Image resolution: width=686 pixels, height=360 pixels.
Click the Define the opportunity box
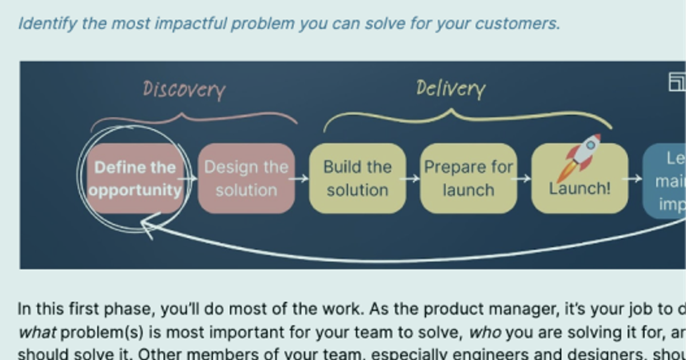coord(135,178)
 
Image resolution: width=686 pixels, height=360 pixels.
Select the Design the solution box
coord(246,178)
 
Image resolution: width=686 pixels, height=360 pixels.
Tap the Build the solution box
coord(357,178)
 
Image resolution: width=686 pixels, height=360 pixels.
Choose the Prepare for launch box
coord(468,178)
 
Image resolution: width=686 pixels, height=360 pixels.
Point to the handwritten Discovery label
coord(184,90)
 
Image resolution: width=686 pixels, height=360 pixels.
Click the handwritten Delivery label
coord(450,89)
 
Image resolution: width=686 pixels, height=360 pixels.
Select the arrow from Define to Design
coord(190,178)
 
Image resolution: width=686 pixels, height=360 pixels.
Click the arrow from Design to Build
coord(301,178)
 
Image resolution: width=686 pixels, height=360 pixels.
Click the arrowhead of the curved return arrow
coord(147,227)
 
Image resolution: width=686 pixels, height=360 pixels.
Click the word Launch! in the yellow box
coord(580,189)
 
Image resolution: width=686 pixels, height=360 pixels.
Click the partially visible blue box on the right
coord(665,181)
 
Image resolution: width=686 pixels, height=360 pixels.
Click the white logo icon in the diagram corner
coord(677,82)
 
